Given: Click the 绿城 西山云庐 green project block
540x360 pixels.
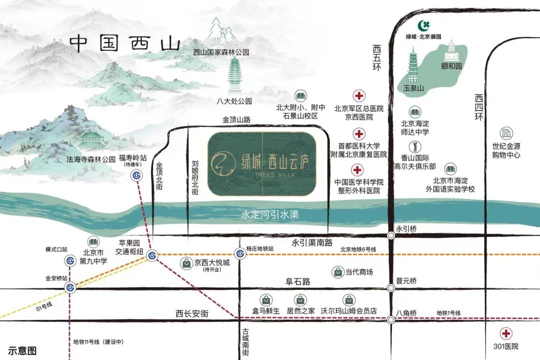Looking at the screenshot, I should (262, 163).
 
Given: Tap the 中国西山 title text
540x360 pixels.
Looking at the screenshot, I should (124, 42).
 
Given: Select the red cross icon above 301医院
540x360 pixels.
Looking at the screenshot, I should (507, 333).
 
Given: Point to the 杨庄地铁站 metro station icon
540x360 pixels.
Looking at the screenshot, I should (240, 254).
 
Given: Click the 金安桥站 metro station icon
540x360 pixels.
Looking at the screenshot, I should (70, 287).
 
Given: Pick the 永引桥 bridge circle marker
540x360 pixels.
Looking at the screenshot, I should (390, 235).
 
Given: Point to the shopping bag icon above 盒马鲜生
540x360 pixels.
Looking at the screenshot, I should (267, 299).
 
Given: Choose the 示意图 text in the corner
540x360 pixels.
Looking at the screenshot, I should (22, 351).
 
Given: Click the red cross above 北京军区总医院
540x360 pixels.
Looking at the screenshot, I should (358, 96).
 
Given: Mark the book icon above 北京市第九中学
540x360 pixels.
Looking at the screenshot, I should (92, 242).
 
